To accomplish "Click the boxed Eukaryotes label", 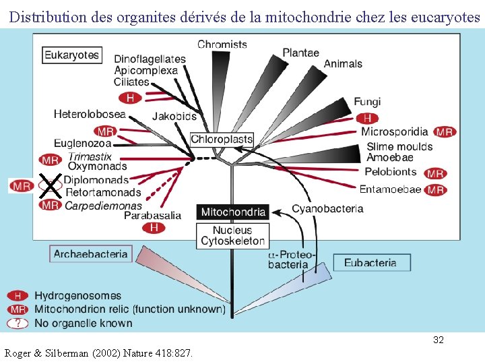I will (x=72, y=55).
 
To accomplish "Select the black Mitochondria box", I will (x=233, y=212).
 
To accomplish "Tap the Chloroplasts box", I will (x=222, y=140).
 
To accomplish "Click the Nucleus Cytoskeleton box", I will (x=233, y=236).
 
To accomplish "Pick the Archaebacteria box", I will (x=90, y=254).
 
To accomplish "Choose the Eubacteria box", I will (x=370, y=263).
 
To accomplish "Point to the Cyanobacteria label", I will (x=327, y=209).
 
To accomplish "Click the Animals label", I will (x=343, y=64).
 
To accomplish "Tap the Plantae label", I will (x=301, y=53).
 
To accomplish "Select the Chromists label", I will (x=222, y=44).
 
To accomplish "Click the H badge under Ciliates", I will (x=130, y=98).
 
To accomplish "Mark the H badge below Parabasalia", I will (x=154, y=228).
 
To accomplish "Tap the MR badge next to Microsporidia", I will (x=444, y=132).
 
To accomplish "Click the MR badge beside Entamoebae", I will (x=436, y=190).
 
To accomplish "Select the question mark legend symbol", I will (x=18, y=323).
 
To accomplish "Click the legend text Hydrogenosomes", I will (x=78, y=296).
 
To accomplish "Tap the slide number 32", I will (x=438, y=340).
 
